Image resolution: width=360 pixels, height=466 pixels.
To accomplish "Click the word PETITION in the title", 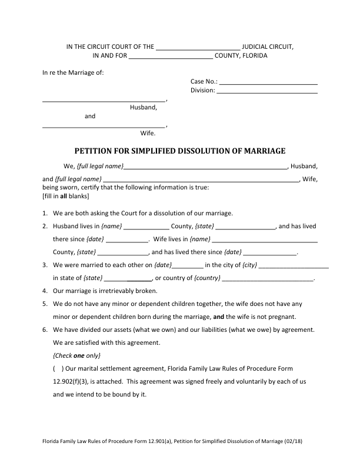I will pos(96,151).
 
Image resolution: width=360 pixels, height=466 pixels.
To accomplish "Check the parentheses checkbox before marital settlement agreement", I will pos(58,368).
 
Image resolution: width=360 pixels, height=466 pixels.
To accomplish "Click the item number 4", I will pos(45,291).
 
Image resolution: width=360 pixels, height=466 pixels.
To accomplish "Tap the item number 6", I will pos(45,329).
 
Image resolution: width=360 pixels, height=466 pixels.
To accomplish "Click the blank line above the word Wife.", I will pos(104,126).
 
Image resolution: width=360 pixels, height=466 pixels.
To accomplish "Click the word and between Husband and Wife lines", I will pos(90,116).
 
